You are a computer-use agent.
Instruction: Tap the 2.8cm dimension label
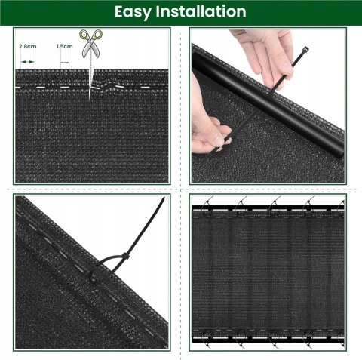pos(28,46)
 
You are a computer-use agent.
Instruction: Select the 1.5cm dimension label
pos(65,46)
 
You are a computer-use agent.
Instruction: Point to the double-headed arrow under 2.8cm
pos(28,54)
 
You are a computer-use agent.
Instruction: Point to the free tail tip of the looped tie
pos(164,199)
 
